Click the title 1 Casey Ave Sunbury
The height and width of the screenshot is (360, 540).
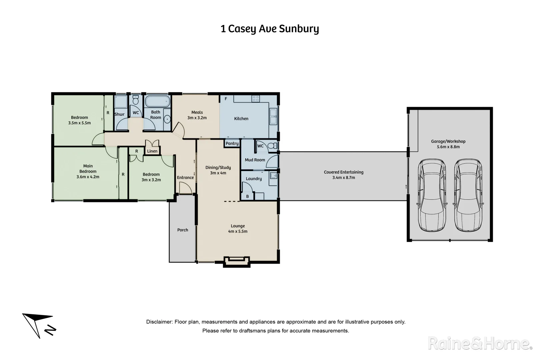(270, 29)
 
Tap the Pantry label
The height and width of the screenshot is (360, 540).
(232, 143)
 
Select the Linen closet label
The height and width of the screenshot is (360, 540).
(152, 151)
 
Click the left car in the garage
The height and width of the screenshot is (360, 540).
(432, 195)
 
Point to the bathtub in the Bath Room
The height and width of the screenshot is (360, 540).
(157, 101)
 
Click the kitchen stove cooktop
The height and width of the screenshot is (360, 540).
(256, 99)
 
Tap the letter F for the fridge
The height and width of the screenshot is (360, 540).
(226, 99)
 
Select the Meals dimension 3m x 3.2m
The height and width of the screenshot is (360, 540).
(197, 118)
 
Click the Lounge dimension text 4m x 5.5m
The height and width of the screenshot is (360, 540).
(238, 231)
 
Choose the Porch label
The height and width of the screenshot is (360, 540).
(183, 230)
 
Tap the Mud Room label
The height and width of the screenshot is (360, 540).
(255, 160)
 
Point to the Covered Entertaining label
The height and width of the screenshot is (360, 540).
(344, 172)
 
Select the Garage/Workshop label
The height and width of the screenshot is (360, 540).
(448, 141)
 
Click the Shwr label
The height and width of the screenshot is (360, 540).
(119, 114)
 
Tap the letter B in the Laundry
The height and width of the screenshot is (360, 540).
(247, 197)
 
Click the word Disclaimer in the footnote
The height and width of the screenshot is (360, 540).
(159, 322)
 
